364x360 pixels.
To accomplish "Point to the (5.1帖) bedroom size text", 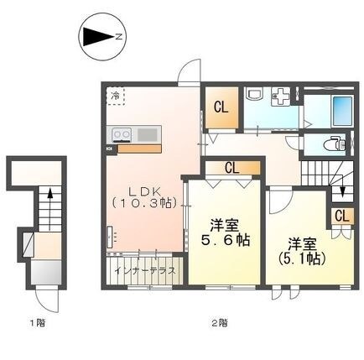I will tap(299, 252).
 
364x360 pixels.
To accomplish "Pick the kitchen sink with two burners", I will tap(122, 133).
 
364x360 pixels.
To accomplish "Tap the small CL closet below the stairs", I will tap(341, 217).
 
